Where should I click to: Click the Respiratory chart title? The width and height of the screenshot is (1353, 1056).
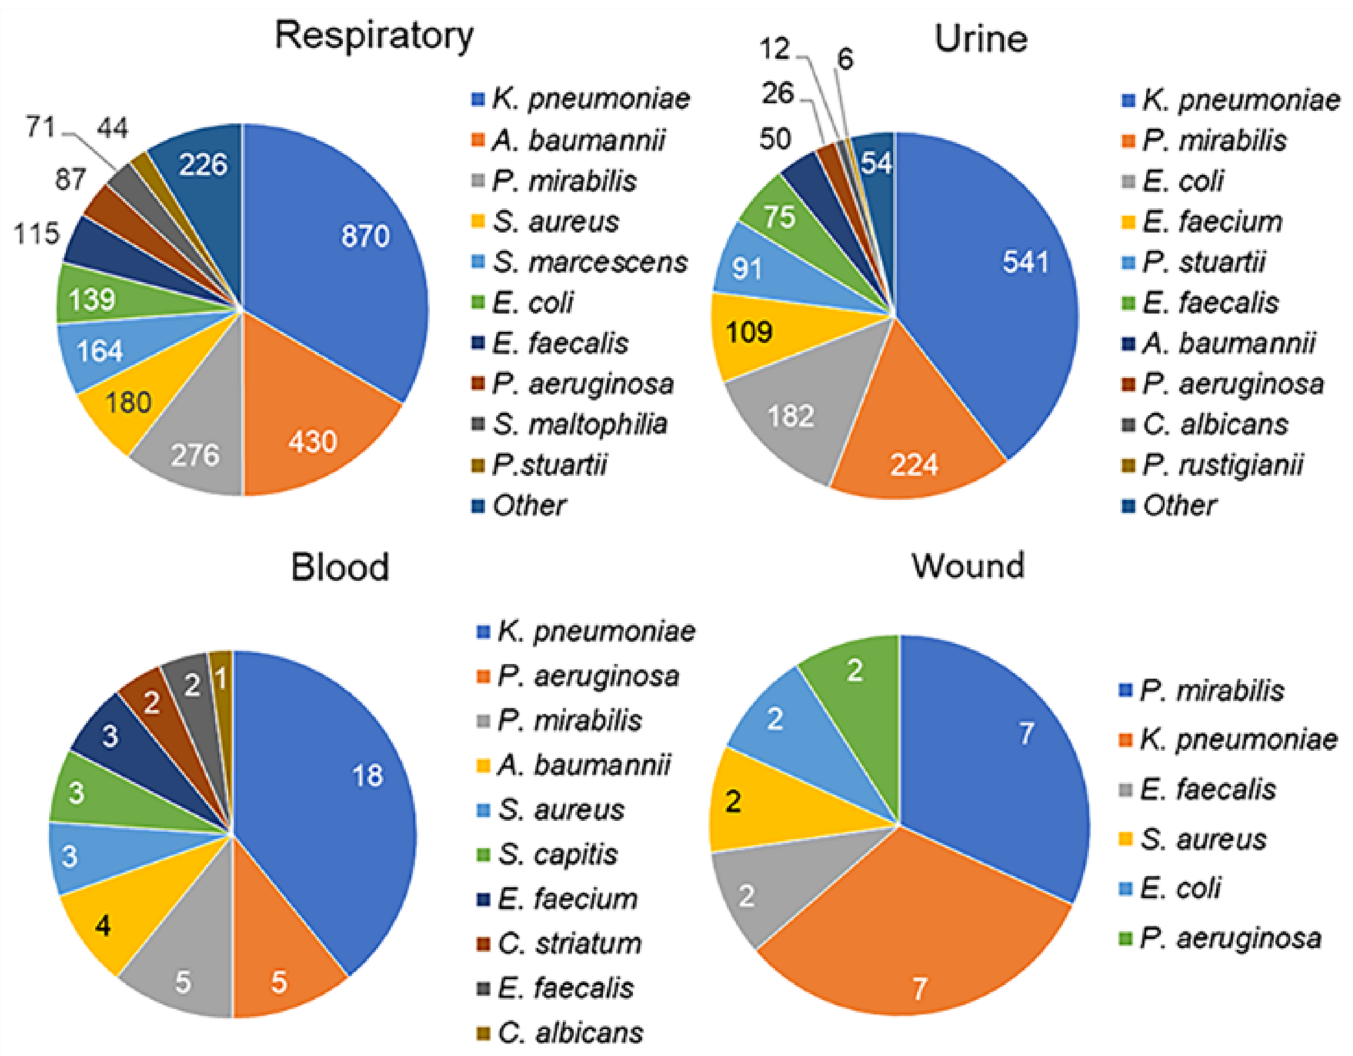[374, 36]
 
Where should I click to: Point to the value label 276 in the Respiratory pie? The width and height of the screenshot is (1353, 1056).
[195, 455]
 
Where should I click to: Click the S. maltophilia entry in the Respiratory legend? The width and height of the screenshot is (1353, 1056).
[579, 424]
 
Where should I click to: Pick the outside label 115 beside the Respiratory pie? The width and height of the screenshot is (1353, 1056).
[37, 234]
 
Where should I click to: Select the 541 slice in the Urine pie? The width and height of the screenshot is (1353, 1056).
[1003, 279]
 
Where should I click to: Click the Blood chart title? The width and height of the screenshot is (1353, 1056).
[340, 567]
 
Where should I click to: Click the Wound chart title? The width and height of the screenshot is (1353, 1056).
[968, 566]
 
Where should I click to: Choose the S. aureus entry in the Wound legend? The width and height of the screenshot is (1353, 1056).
[1202, 839]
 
